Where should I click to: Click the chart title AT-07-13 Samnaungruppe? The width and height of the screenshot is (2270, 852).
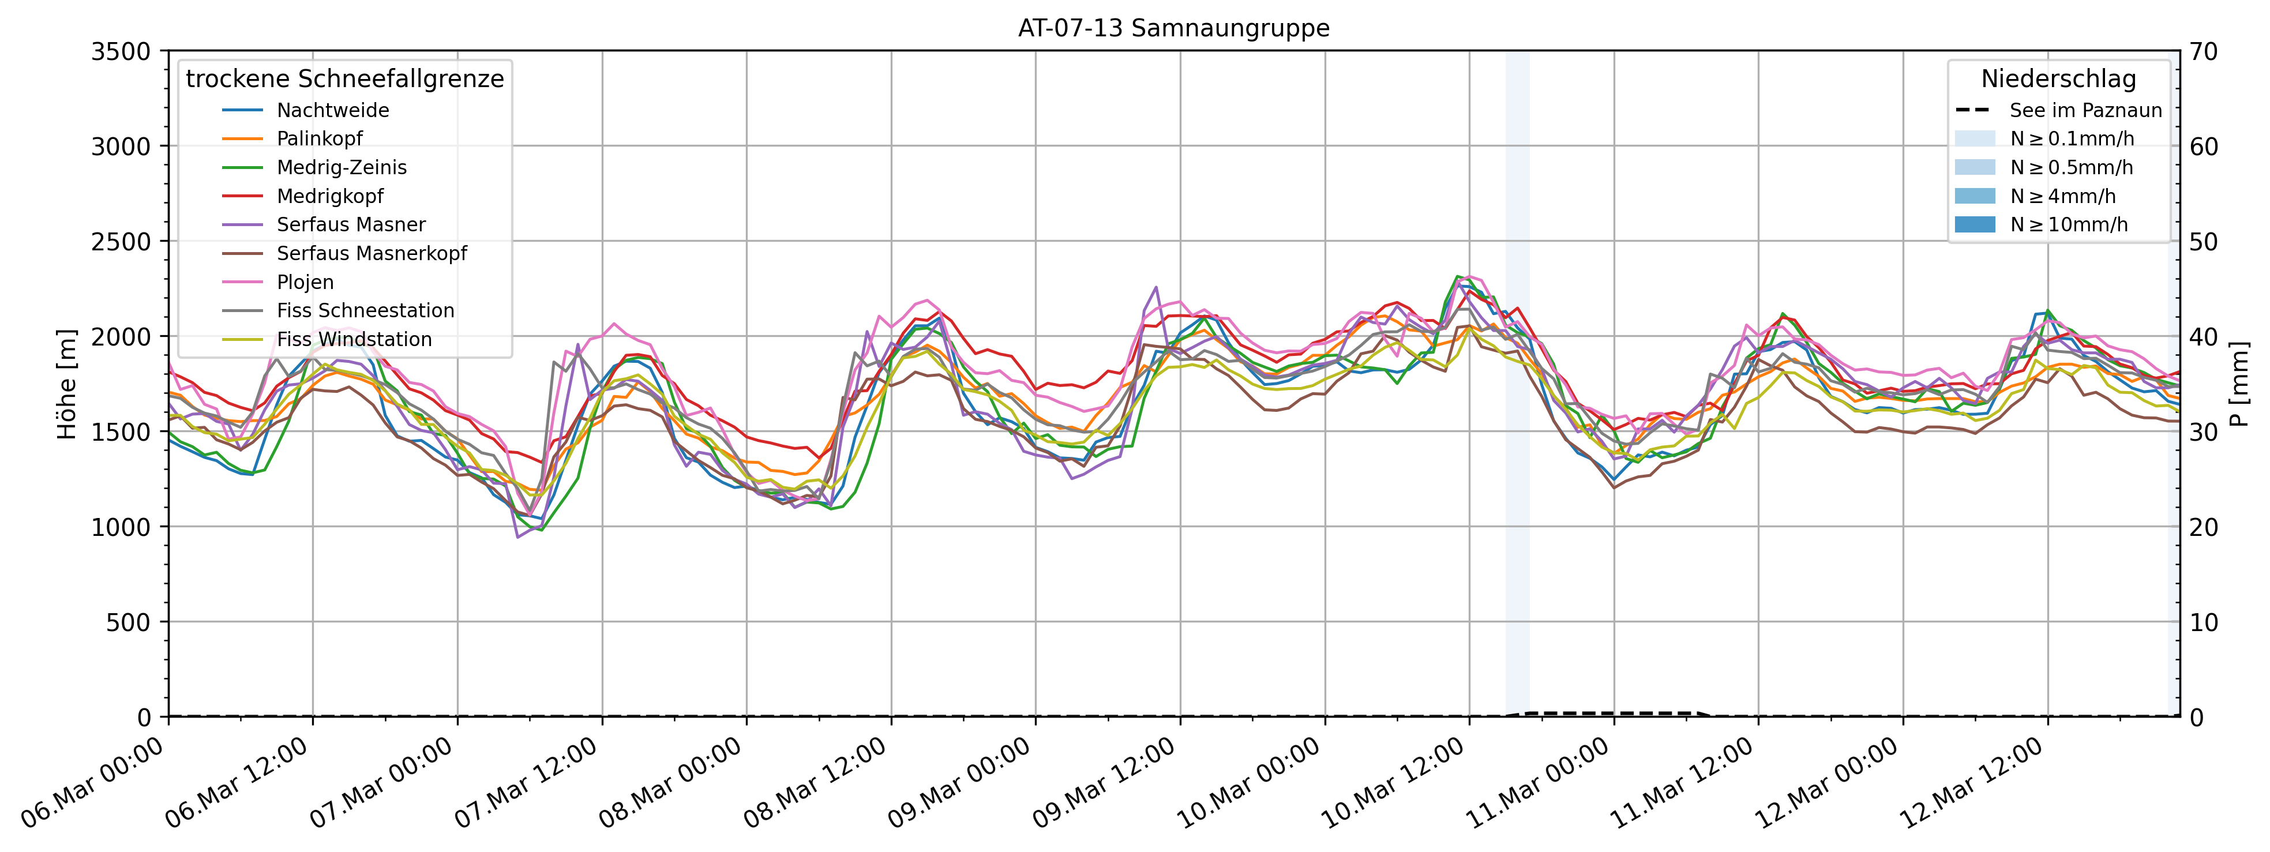pyautogui.click(x=1174, y=28)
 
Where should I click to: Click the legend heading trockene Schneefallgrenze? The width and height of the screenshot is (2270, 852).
pyautogui.click(x=344, y=79)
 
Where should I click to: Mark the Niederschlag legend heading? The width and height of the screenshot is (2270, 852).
pyautogui.click(x=2058, y=79)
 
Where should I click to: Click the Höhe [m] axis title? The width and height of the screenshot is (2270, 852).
pyautogui.click(x=67, y=384)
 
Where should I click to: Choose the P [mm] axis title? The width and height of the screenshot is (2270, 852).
pyautogui.click(x=2240, y=384)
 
